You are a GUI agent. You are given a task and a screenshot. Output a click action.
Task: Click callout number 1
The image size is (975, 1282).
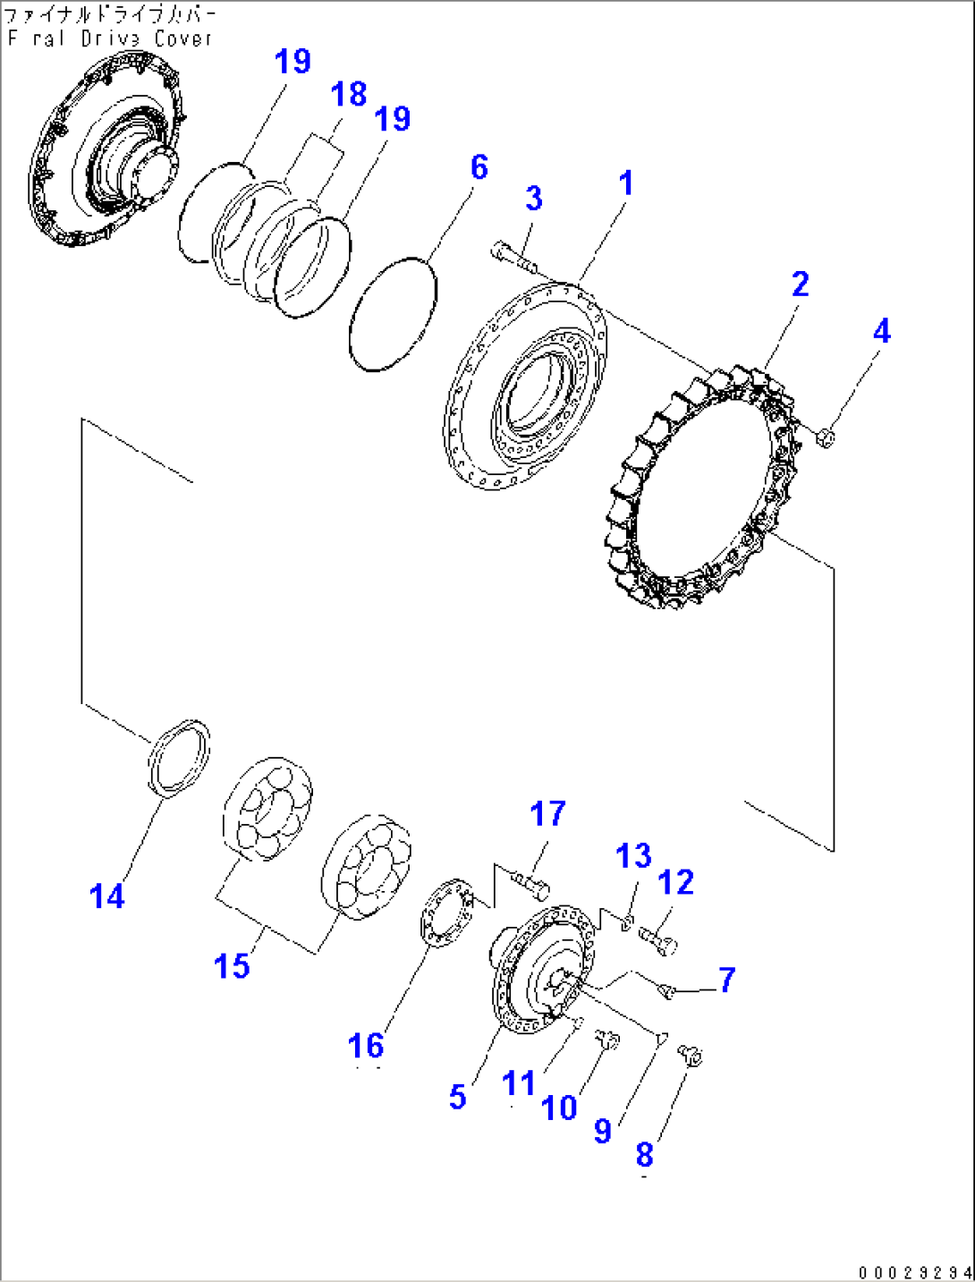626,183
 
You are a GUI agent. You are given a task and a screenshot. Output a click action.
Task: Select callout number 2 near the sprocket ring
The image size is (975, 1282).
800,284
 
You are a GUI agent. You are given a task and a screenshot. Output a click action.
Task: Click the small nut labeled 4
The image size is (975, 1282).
826,437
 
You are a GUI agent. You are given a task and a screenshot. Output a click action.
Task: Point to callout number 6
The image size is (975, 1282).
479,167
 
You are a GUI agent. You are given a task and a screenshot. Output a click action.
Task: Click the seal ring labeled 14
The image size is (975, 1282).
178,755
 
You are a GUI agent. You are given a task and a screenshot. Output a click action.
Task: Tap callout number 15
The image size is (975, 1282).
232,966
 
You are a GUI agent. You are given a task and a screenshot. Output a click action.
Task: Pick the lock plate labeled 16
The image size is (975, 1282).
446,912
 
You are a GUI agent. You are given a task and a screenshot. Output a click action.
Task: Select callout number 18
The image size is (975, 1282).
349,94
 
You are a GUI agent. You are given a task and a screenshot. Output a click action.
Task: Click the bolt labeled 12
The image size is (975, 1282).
660,940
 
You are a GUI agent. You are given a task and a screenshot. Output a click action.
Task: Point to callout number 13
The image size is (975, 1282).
633,856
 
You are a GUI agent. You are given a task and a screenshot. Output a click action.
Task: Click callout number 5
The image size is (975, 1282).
458,1097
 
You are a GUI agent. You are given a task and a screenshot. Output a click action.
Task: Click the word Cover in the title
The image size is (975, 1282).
183,38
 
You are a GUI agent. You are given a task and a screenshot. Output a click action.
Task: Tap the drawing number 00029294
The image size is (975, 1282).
914,1272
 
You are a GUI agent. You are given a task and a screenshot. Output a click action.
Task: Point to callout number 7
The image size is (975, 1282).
726,980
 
